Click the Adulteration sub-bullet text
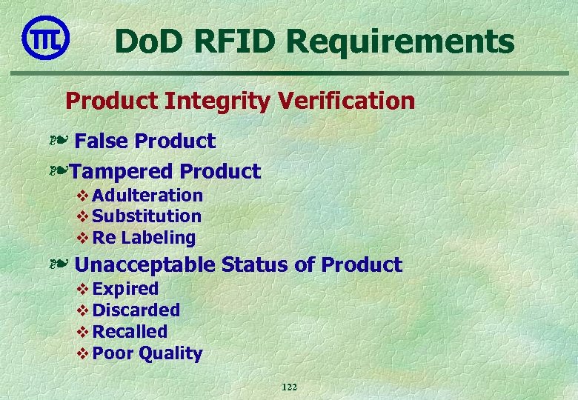point(147,196)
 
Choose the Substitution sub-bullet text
point(147,216)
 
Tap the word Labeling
point(159,238)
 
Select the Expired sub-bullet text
point(125,289)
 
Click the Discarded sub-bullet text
point(136,310)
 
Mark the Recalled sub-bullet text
point(130,332)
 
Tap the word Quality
point(170,354)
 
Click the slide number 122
point(289,387)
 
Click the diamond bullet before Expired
point(82,289)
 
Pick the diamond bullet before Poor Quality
point(82,353)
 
